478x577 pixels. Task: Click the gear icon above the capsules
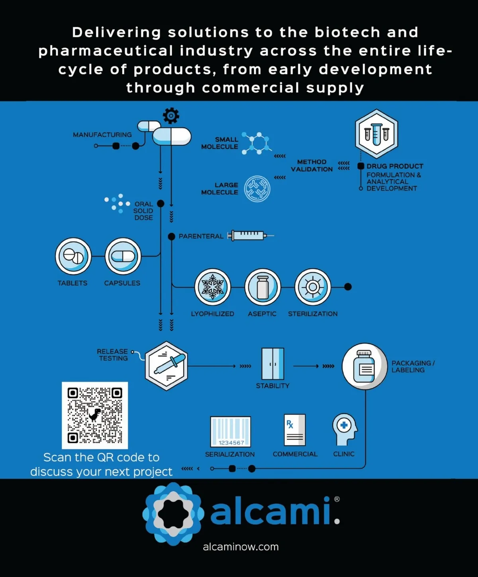[171, 116]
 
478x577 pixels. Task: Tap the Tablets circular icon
[73, 256]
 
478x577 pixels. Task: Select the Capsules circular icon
[123, 256]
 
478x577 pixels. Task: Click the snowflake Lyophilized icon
[213, 287]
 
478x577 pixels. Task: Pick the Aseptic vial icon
[263, 287]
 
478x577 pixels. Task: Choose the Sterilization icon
[313, 287]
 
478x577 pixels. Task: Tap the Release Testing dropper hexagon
[166, 366]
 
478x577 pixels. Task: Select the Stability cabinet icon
[273, 364]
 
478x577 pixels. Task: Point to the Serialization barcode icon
[230, 432]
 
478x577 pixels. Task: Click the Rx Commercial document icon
[295, 430]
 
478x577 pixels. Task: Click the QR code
[95, 415]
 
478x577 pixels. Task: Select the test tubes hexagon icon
[376, 134]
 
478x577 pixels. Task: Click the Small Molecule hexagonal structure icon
[257, 143]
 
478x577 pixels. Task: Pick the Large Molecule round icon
[257, 189]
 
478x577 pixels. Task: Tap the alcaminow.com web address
[241, 547]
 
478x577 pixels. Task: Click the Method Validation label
[311, 166]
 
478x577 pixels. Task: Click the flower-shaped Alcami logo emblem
[173, 514]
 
